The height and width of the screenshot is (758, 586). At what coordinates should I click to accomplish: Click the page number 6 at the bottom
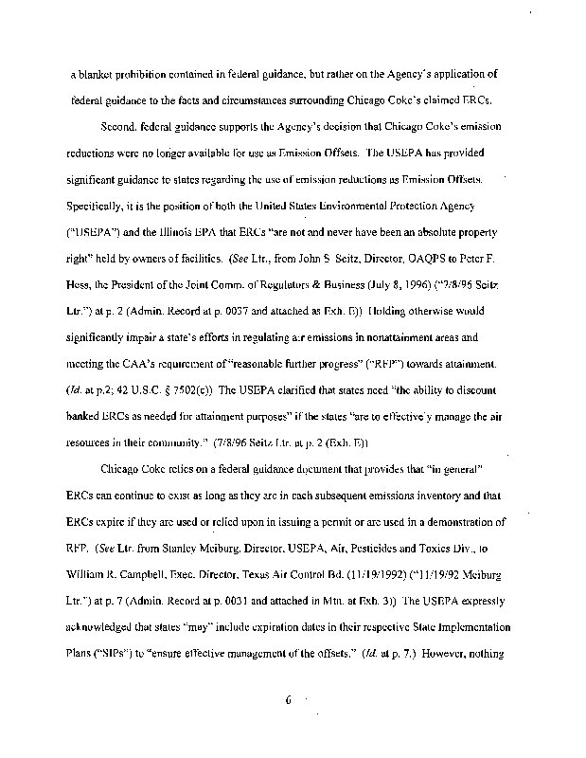(285, 702)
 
